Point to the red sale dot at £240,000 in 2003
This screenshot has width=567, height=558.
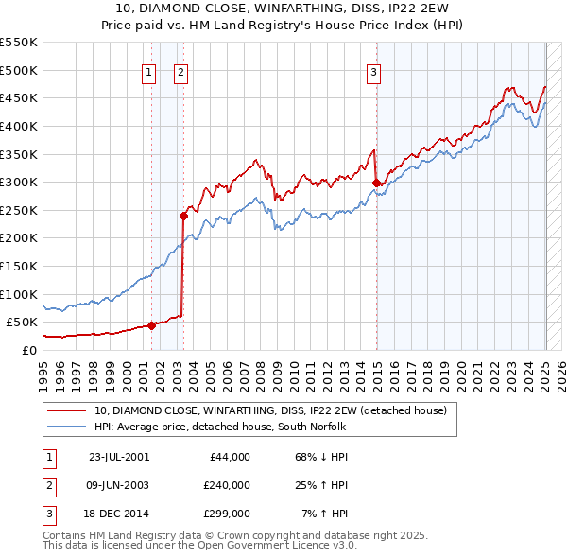pos(183,216)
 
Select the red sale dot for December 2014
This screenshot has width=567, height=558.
pos(376,183)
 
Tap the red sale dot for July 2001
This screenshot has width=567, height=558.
pos(151,325)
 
